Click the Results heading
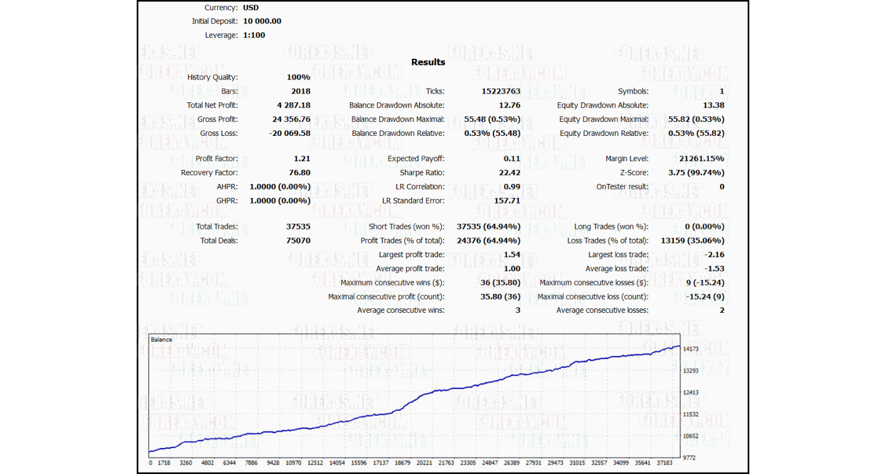428,62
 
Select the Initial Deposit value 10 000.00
262,21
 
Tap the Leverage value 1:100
254,35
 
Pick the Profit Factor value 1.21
302,159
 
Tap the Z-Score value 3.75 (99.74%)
696,173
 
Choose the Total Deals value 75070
298,240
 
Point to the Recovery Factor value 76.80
299,173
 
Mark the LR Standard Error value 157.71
507,200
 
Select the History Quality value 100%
298,77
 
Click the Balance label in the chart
161,340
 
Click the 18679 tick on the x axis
402,463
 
